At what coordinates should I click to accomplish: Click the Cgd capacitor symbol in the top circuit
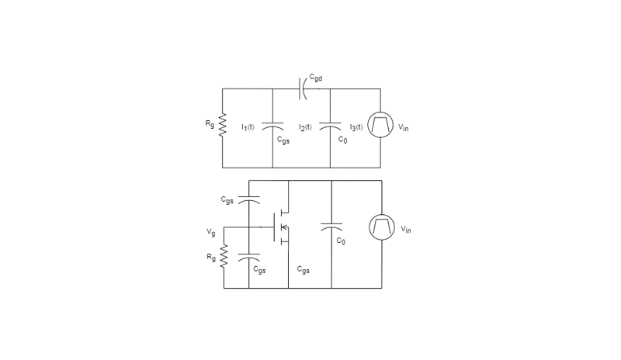point(303,88)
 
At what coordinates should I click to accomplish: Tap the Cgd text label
point(316,78)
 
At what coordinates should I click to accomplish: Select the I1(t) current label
point(248,127)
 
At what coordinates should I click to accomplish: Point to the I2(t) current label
point(305,127)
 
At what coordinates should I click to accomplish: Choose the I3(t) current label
point(356,127)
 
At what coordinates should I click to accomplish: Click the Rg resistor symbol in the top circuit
point(222,125)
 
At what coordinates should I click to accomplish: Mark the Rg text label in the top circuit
point(210,123)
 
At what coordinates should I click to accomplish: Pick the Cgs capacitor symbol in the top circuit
point(272,126)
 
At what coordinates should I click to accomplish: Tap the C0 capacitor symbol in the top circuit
point(330,126)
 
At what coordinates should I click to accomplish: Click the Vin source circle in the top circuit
point(380,125)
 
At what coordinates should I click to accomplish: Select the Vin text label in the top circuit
point(403,127)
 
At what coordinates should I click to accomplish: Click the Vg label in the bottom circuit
point(210,232)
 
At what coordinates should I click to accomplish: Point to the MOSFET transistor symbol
point(281,227)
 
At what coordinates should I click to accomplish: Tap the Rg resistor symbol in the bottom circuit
point(224,256)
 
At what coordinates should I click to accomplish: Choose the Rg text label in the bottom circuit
point(211,258)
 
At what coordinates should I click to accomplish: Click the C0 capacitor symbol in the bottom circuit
point(331,227)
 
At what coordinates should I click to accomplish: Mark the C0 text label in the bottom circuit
point(341,241)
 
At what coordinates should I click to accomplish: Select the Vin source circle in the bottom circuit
point(382,227)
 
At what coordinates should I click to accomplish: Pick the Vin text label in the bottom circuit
point(405,230)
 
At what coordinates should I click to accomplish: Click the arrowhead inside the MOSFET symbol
point(283,227)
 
